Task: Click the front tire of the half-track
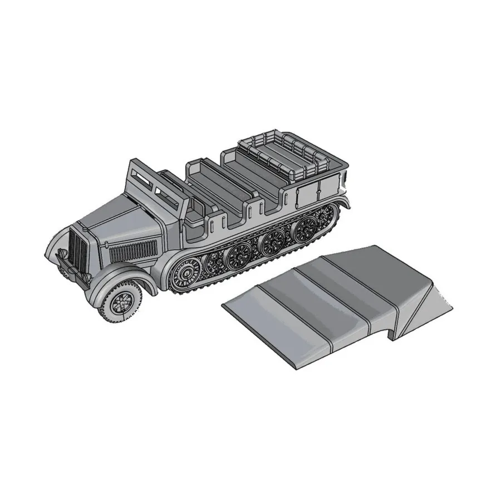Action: (119, 303)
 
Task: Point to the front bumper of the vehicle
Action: (70, 273)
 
